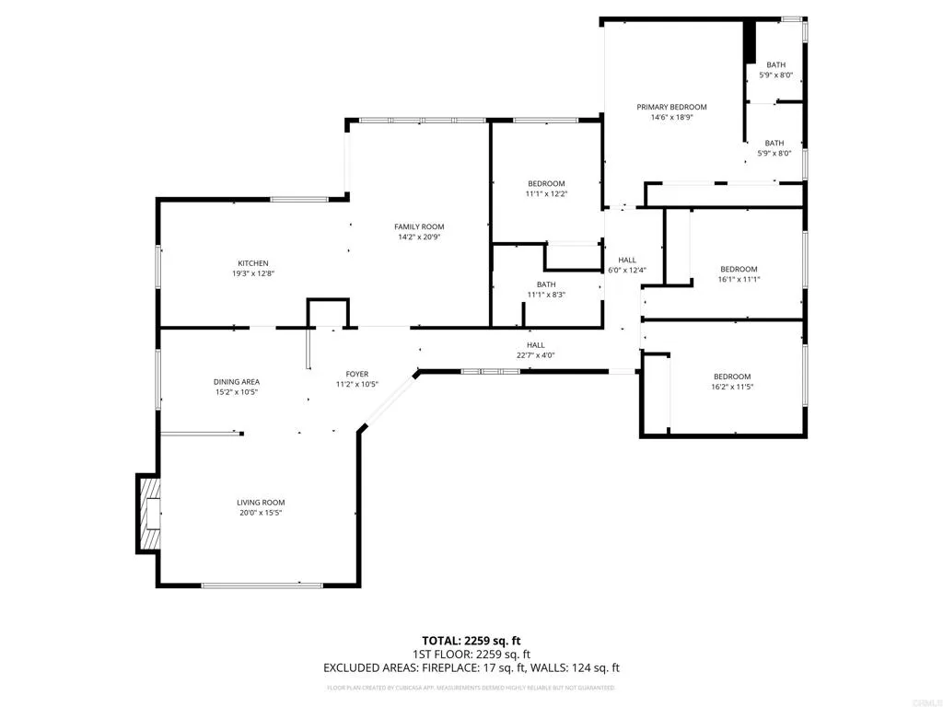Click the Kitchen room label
tap(251, 263)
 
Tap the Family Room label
tap(419, 226)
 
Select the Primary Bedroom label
tap(672, 107)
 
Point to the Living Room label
tap(261, 502)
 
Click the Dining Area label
tap(237, 382)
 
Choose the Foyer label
tap(356, 374)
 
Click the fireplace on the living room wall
tap(148, 514)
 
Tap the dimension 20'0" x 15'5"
tap(261, 513)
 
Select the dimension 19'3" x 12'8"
tap(251, 273)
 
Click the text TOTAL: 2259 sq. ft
tap(471, 641)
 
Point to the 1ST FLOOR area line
tap(471, 655)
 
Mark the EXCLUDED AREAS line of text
tap(471, 668)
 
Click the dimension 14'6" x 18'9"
tap(672, 118)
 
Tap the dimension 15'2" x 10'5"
tap(237, 392)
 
